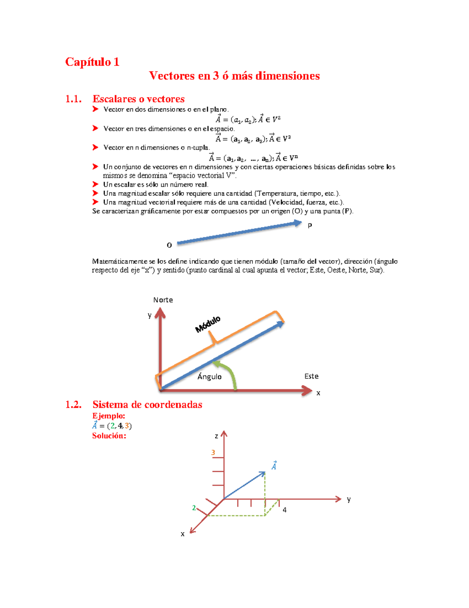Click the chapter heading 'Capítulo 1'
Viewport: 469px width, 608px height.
(x=92, y=62)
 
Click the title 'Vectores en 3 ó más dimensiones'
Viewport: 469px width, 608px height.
(x=234, y=76)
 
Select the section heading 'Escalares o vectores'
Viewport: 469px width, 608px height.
(x=138, y=99)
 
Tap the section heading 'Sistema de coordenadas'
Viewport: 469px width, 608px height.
(x=147, y=404)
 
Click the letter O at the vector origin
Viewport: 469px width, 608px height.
(x=169, y=245)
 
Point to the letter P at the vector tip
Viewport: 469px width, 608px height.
(x=310, y=226)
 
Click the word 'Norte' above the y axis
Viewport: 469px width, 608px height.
(x=163, y=300)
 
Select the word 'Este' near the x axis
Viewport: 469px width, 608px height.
(x=311, y=376)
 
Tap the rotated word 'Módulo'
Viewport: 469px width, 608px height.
(x=208, y=324)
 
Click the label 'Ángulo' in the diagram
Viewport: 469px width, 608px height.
(x=209, y=377)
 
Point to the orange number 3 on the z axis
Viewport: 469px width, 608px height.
(x=213, y=453)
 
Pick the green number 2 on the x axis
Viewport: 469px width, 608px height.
(x=194, y=508)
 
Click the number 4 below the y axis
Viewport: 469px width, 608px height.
(x=285, y=510)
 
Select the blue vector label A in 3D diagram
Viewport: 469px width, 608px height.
(x=274, y=466)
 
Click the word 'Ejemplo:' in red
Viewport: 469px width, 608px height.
(x=109, y=416)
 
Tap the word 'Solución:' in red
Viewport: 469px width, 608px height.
(x=109, y=436)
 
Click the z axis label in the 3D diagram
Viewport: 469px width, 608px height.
(x=216, y=436)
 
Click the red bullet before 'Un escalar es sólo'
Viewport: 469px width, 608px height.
(x=95, y=184)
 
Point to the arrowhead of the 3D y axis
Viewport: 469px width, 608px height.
(x=338, y=499)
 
